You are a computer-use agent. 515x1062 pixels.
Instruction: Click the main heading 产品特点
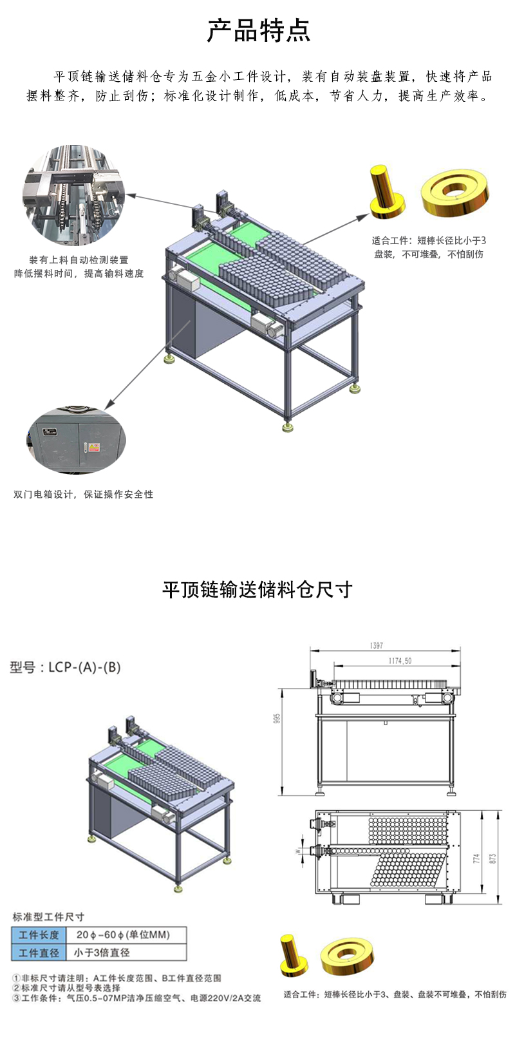coord(258,30)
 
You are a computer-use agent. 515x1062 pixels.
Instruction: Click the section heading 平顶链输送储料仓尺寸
coord(257,589)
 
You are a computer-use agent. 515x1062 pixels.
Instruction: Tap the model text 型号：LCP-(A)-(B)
coord(65,667)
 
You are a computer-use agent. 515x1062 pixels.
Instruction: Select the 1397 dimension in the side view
coord(377,645)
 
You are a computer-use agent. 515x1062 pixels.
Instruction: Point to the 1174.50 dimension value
coord(399,661)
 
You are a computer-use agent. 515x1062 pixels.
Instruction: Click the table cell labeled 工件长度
coord(39,934)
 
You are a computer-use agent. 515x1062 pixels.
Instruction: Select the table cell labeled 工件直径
coord(39,953)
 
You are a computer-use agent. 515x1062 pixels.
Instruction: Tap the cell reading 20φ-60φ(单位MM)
coord(123,934)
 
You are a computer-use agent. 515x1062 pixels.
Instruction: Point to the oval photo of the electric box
coord(76,439)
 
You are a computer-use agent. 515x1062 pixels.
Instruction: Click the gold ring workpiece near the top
coord(455,193)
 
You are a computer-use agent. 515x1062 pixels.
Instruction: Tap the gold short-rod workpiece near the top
coord(386,191)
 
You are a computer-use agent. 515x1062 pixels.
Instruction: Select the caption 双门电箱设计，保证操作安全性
coord(83,495)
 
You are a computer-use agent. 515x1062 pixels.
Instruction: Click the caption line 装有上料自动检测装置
coord(79,260)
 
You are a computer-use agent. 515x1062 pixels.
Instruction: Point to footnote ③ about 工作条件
coord(136,998)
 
